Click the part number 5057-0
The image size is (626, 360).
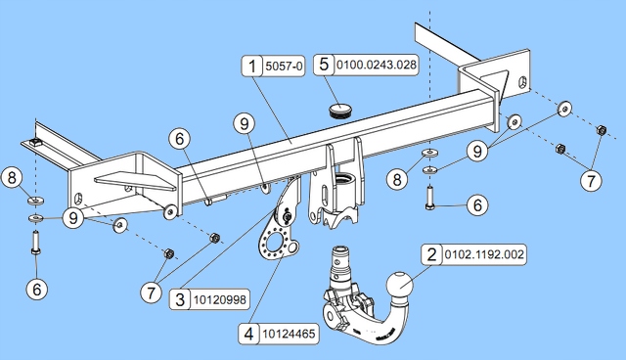[284, 66]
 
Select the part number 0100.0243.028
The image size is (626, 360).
[377, 65]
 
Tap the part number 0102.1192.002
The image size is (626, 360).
[484, 254]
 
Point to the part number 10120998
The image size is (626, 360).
[220, 299]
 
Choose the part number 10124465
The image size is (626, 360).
[290, 334]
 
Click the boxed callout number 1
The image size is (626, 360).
[252, 66]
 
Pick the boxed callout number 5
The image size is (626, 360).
[324, 65]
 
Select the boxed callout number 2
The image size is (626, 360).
[432, 254]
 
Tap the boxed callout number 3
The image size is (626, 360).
[180, 299]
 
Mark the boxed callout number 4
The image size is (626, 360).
[249, 334]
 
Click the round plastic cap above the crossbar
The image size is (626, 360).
[340, 110]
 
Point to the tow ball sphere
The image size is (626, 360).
[399, 285]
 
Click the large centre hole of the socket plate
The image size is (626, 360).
[276, 242]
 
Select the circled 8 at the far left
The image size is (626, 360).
[12, 178]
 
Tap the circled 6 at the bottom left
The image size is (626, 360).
[37, 289]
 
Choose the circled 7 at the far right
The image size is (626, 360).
[591, 180]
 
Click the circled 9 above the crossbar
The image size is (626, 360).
[245, 123]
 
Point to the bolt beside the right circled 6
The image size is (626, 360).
[429, 199]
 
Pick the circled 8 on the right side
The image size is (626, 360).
[397, 179]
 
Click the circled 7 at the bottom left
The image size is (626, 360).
[151, 292]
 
